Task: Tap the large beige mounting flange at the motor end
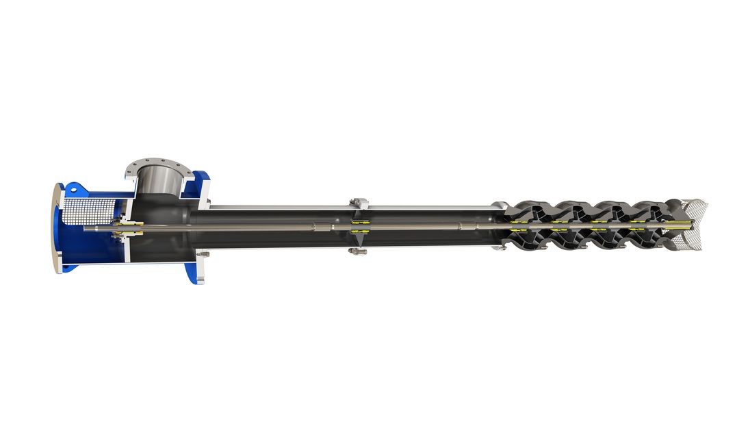pos(55,228)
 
